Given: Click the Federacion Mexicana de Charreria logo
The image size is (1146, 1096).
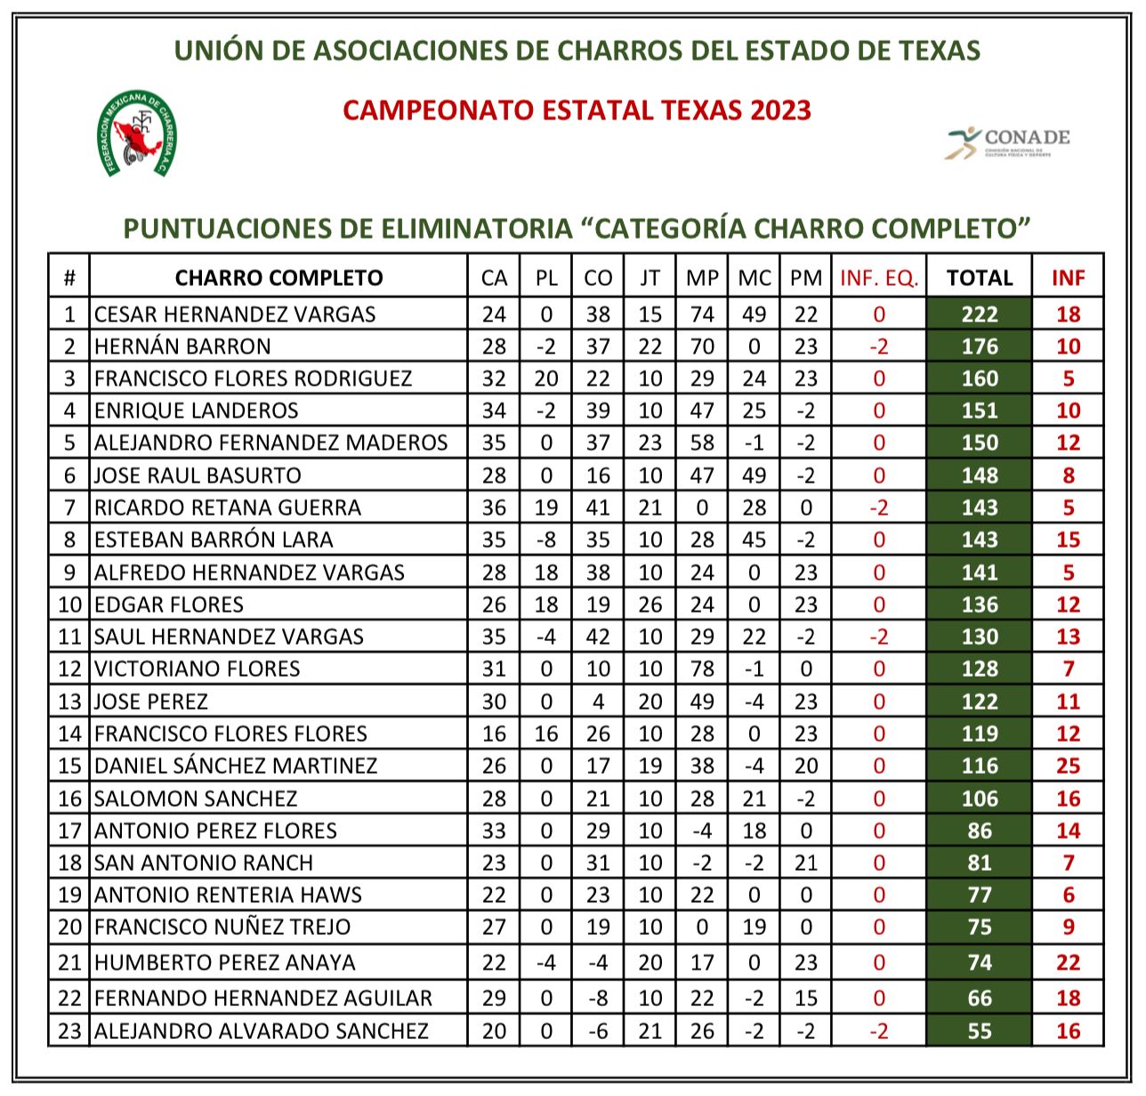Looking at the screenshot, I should point(136,134).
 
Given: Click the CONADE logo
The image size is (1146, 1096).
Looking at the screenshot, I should point(1007,142).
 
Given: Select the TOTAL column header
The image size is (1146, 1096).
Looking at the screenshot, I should point(979,278).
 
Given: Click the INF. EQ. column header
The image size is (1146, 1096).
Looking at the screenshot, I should point(878,278).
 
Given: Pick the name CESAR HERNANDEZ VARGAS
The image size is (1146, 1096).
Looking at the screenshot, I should point(235,314).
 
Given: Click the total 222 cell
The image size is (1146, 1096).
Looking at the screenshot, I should point(979,314).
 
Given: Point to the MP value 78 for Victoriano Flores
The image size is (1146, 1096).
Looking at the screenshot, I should point(702,669).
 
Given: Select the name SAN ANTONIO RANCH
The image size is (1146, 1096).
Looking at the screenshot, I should point(204,863).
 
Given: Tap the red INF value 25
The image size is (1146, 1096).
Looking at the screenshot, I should point(1068,766).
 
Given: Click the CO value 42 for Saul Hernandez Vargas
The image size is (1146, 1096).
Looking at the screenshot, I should point(598,637).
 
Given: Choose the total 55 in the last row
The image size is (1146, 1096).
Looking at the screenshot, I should point(979,1031).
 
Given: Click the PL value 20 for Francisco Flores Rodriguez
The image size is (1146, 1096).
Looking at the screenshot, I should point(546,378).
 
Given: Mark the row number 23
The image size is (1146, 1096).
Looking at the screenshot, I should point(69,1031).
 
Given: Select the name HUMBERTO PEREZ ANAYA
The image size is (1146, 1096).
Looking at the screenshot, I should point(225,962).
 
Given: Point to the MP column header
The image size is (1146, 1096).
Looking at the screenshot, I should point(702,278).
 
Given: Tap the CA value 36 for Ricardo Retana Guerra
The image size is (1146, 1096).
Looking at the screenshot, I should point(494,507).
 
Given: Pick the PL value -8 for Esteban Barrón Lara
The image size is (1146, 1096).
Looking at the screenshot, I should point(546,540).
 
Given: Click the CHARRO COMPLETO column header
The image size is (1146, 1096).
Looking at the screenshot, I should point(278,278).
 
